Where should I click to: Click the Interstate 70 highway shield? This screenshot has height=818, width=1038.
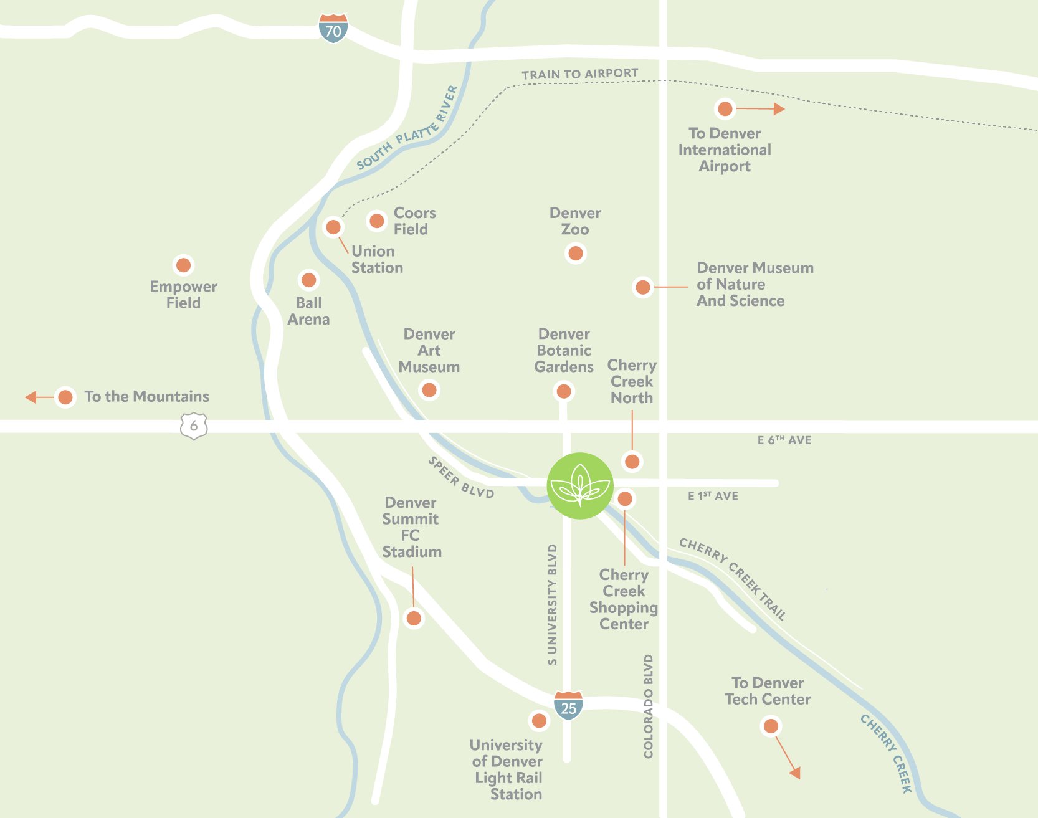[333, 29]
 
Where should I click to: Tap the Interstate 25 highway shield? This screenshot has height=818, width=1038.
[568, 705]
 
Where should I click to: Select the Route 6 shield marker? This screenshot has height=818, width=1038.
[194, 426]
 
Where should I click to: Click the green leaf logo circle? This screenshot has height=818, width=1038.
[580, 486]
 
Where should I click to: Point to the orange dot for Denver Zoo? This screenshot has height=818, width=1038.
[576, 254]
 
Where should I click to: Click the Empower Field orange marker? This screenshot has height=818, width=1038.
[183, 265]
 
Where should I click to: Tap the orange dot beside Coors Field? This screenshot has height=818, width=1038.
[377, 221]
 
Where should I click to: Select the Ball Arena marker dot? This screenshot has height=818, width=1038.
[308, 280]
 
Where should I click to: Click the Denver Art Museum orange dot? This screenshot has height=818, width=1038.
[429, 390]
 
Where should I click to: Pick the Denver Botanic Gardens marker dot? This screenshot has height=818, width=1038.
[564, 391]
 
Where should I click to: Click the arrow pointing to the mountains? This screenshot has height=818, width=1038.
[31, 397]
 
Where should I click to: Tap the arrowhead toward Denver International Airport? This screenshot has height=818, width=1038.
[778, 109]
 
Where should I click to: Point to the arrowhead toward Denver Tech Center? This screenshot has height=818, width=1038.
[794, 773]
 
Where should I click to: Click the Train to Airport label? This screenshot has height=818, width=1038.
[579, 74]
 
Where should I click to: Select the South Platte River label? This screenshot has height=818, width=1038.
[407, 129]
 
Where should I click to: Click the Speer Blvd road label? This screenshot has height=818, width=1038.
[460, 478]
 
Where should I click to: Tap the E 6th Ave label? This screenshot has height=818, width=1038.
[784, 440]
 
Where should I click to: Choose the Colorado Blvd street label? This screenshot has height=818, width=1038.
[649, 706]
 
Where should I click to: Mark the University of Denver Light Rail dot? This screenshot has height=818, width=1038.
[539, 721]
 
